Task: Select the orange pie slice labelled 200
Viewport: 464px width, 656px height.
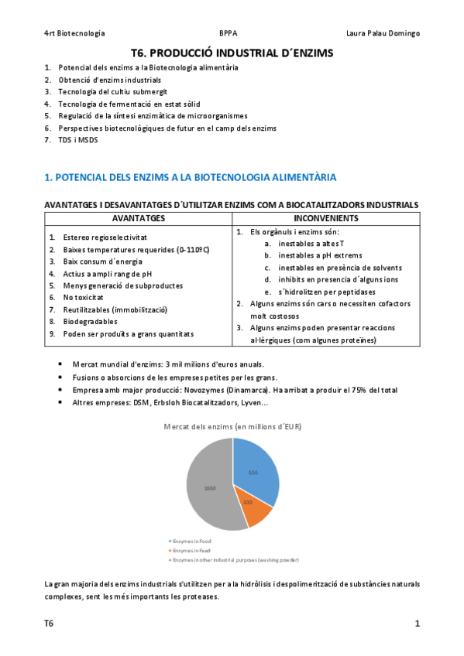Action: coord(249,504)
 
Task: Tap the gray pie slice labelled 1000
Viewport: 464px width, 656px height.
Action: coord(209,489)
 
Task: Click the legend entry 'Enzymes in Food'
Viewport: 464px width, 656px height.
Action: coord(190,541)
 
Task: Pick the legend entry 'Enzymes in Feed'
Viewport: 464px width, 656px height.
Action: coord(189,550)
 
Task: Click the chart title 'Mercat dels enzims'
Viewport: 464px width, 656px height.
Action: coord(232,426)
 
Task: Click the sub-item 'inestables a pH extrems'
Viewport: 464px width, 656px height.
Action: coord(318,255)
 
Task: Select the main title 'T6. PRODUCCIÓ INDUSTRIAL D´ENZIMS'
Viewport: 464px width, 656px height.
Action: coord(232,53)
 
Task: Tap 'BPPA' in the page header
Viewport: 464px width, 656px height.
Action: coord(229,33)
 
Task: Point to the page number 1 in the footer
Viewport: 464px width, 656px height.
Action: coord(417,624)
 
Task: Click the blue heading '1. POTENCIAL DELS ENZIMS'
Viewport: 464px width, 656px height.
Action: coord(191,177)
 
